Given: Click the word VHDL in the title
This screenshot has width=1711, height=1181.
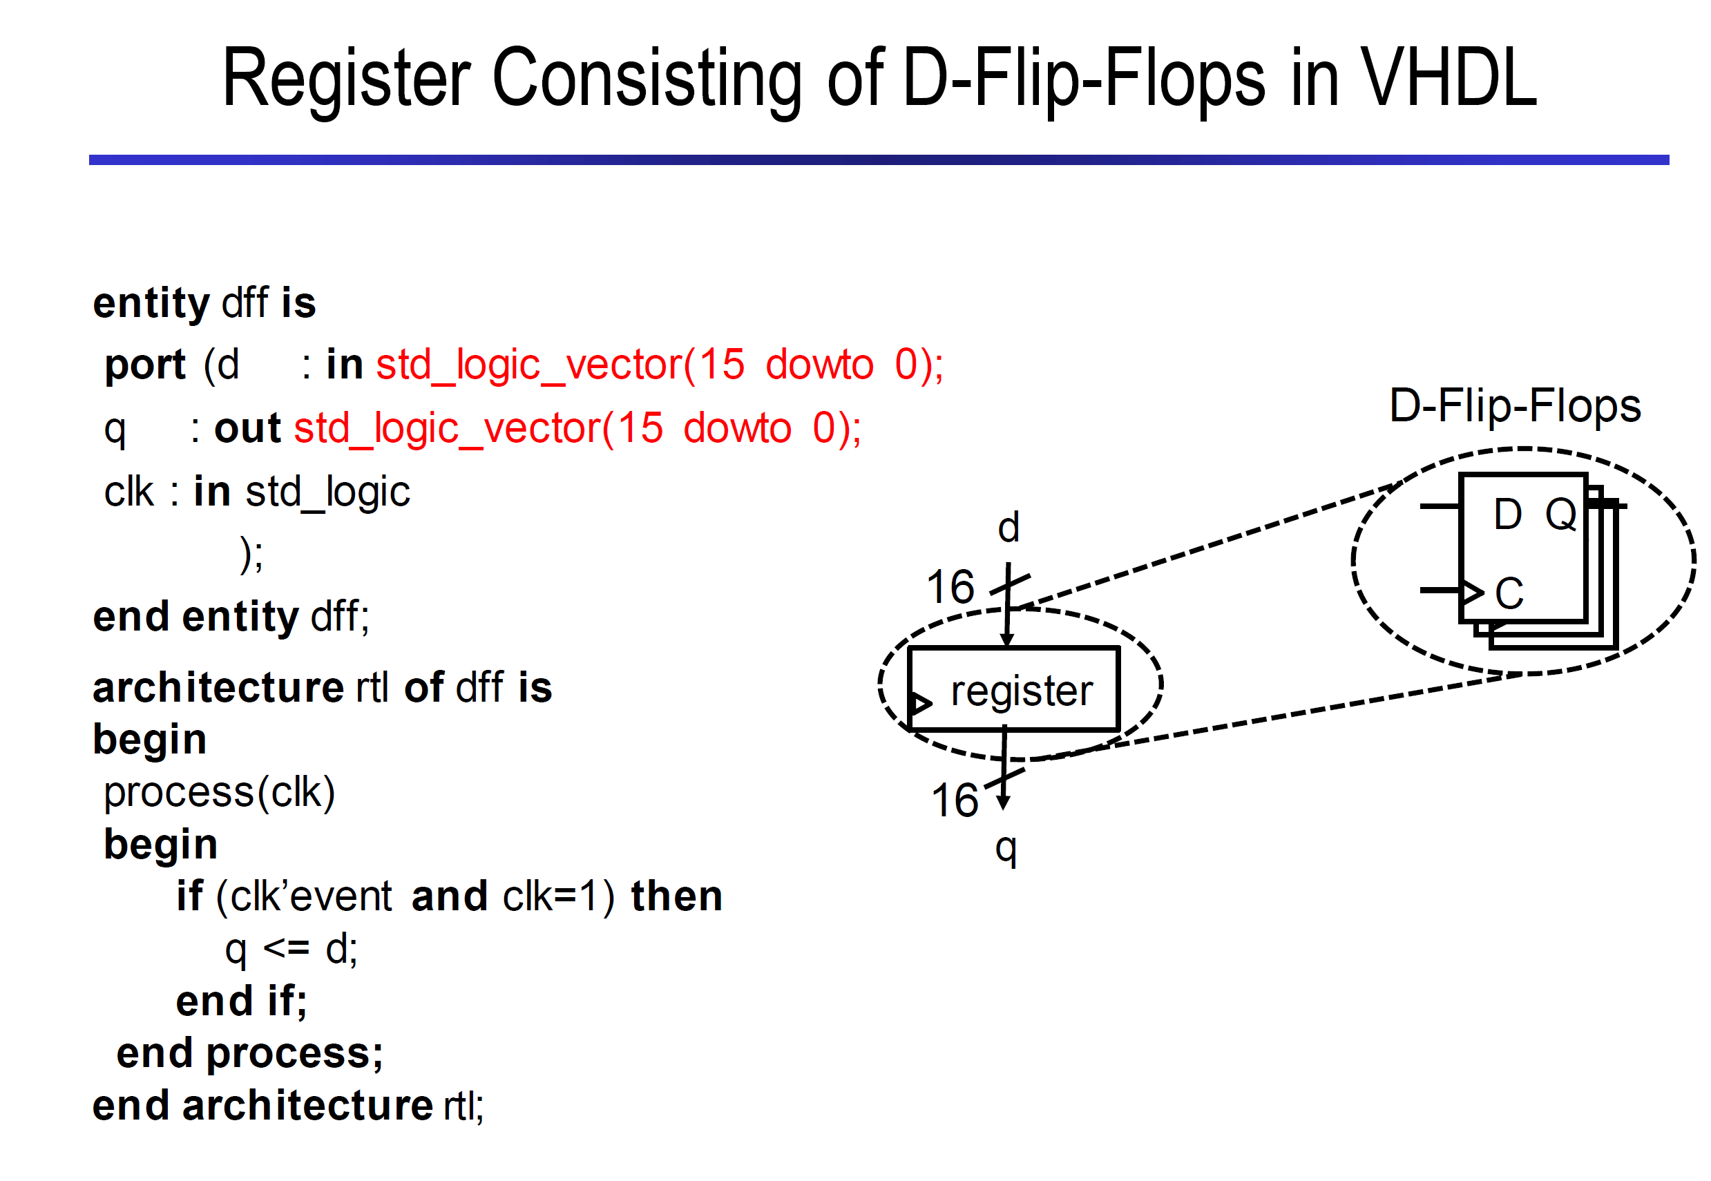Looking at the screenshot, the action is point(1450,77).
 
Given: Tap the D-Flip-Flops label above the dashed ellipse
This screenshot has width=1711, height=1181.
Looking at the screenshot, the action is point(1515,406).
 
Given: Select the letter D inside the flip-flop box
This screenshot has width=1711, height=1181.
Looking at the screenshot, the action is point(1507,514).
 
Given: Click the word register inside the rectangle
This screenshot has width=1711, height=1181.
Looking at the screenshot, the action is point(1021,692).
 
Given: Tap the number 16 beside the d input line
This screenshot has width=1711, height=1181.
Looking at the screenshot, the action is point(950,587).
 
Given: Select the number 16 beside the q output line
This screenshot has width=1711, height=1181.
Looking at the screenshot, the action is point(955,800).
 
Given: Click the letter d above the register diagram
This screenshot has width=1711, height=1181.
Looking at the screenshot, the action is point(1008,527).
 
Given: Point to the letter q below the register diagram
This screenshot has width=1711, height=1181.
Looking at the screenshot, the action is point(1006,849).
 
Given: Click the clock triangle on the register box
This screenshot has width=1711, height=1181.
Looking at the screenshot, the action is point(920,702).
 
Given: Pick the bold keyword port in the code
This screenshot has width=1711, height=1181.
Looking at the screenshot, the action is point(145,365).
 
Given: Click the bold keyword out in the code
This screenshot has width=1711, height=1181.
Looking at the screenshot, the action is point(247,428).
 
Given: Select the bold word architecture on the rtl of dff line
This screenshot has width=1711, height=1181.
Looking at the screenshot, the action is point(218,687).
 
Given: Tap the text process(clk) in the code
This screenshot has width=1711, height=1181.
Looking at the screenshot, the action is point(219,793).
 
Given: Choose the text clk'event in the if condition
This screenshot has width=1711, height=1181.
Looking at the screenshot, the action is point(311,896).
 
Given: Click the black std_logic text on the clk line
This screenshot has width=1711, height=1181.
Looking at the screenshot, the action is point(328,492).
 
